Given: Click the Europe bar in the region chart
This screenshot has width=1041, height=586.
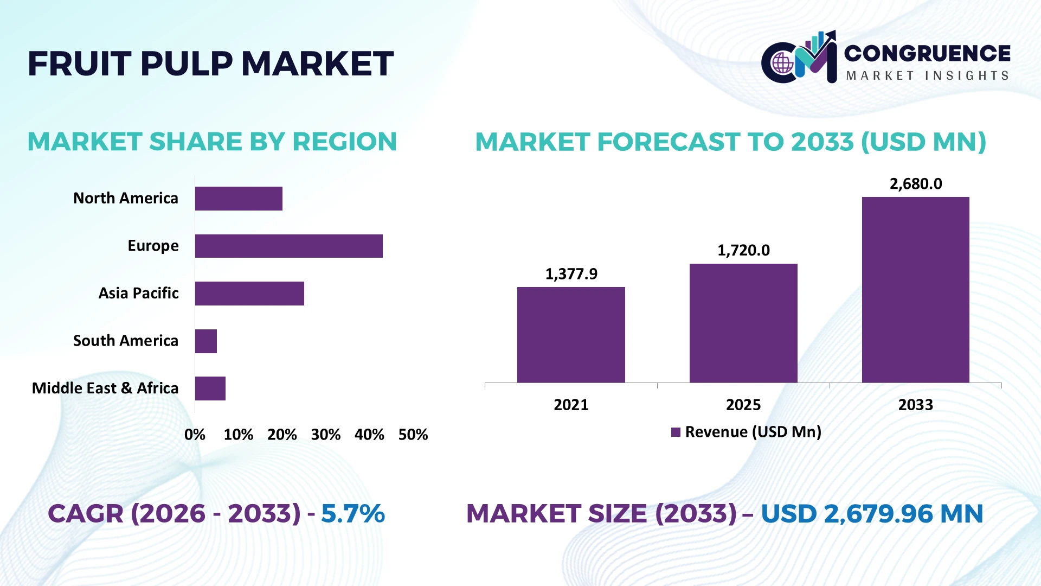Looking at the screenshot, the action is pyautogui.click(x=289, y=246).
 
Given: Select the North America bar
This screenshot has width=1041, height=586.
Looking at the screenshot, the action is pyautogui.click(x=239, y=199).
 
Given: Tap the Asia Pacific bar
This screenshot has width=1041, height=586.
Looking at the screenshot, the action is pyautogui.click(x=249, y=294).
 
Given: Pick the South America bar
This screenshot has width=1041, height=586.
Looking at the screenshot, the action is pyautogui.click(x=206, y=341).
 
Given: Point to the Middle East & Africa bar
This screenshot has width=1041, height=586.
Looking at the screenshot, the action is pyautogui.click(x=210, y=388).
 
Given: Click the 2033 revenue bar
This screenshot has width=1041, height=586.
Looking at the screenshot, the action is pyautogui.click(x=916, y=290).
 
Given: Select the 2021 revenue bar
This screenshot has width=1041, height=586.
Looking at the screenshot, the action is pyautogui.click(x=571, y=335).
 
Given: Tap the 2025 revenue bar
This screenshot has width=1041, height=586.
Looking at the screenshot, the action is pyautogui.click(x=743, y=323).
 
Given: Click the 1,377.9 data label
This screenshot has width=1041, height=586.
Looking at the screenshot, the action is pyautogui.click(x=571, y=274).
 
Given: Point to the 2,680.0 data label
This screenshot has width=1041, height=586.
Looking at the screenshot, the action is pyautogui.click(x=916, y=184).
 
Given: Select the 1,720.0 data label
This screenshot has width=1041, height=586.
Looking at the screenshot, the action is pyautogui.click(x=743, y=250).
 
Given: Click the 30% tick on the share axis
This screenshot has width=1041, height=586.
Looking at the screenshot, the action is pyautogui.click(x=326, y=435).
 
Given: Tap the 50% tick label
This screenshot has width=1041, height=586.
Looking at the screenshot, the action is pyautogui.click(x=413, y=435).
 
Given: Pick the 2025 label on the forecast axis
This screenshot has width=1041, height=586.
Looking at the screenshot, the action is pyautogui.click(x=743, y=405).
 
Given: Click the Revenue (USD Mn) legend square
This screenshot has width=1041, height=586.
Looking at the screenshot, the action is pyautogui.click(x=676, y=432).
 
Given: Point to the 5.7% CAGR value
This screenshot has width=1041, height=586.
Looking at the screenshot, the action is pyautogui.click(x=353, y=514).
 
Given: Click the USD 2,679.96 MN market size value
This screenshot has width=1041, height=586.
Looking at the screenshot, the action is pyautogui.click(x=872, y=514).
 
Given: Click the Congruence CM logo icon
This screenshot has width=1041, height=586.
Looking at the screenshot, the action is pyautogui.click(x=799, y=57).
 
